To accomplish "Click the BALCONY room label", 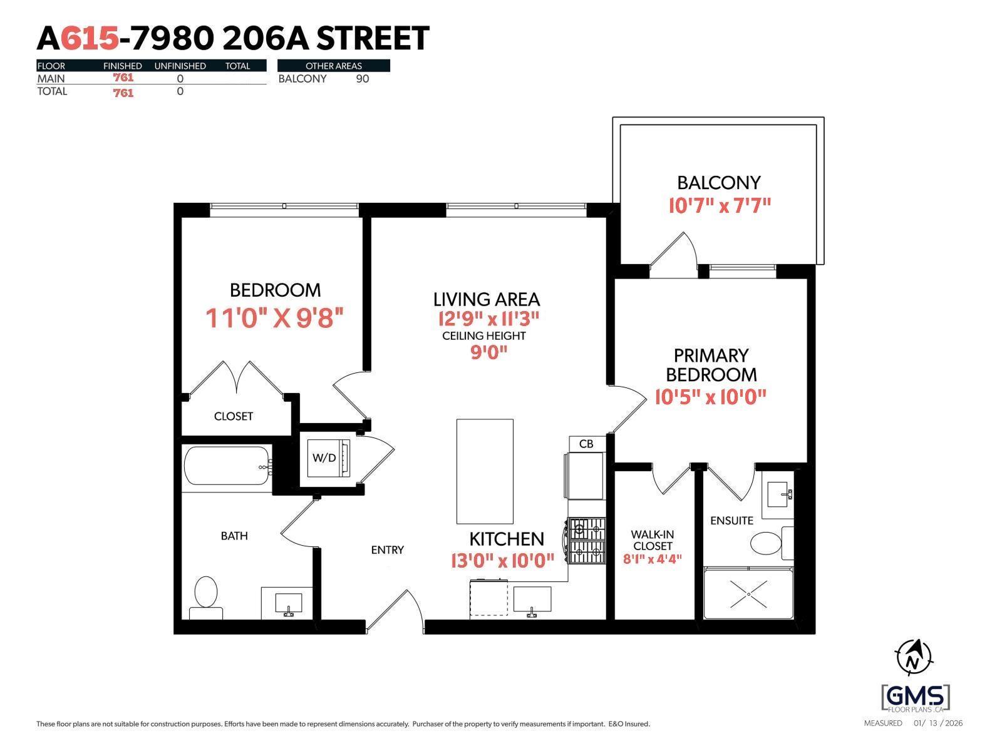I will [718, 183].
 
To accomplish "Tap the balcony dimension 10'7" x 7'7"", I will [719, 205].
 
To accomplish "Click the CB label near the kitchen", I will [586, 444].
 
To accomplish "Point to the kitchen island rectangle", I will [485, 471].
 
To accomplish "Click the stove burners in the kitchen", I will [587, 540].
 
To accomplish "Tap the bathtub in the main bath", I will [227, 466].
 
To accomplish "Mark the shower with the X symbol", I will [749, 593].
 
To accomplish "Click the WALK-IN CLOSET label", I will [652, 540].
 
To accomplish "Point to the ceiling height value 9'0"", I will [488, 352].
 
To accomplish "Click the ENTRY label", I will [387, 550].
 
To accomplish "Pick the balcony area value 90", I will [362, 79].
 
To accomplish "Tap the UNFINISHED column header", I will [180, 66].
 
